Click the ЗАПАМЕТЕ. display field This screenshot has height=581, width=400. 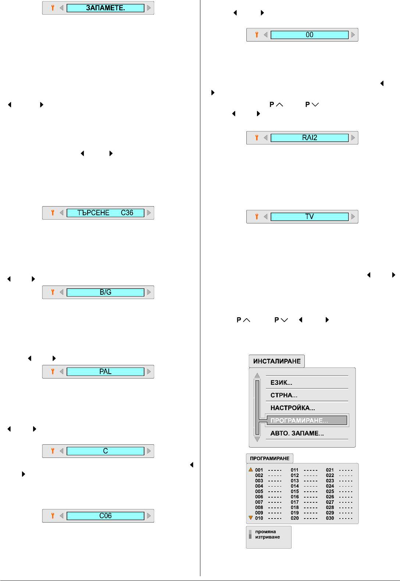[105, 8]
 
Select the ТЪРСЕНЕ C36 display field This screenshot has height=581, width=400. [105, 213]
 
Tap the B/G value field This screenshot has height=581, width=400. [105, 292]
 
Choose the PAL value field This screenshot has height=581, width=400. [105, 372]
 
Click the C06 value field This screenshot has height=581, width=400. [105, 516]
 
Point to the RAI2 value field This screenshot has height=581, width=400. [309, 138]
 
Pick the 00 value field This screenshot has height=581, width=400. [309, 35]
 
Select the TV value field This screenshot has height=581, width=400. [309, 217]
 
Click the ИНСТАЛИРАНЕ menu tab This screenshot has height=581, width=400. [277, 361]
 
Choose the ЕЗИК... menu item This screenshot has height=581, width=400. [281, 383]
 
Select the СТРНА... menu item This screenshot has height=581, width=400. [284, 395]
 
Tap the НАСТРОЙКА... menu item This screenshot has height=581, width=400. [293, 408]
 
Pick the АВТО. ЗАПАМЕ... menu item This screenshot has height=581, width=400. [297, 433]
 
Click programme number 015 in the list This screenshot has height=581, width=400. [295, 491]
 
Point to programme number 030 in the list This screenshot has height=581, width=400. [330, 518]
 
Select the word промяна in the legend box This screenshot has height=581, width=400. [265, 532]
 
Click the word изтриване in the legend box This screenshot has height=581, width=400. [268, 537]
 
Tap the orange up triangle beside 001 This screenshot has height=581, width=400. [251, 469]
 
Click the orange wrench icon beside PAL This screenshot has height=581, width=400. [53, 372]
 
